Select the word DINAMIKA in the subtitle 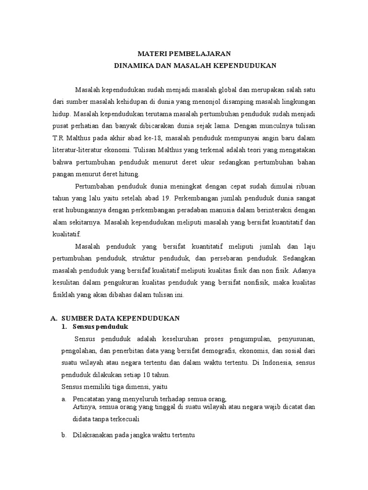pos(131,66)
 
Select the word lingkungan pos(298,102)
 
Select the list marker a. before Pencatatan pos(64,399)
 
